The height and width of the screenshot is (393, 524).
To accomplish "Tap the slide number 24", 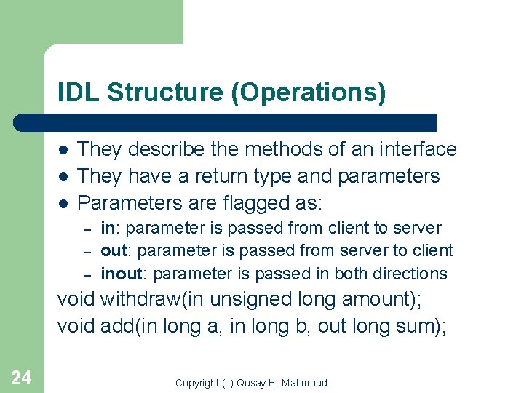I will pyautogui.click(x=21, y=377).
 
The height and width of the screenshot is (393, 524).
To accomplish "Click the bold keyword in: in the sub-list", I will pyautogui.click(x=109, y=228).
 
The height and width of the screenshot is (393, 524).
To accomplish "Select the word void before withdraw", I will pyautogui.click(x=76, y=299).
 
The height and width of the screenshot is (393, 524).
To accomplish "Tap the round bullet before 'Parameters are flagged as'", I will pyautogui.click(x=63, y=203).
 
